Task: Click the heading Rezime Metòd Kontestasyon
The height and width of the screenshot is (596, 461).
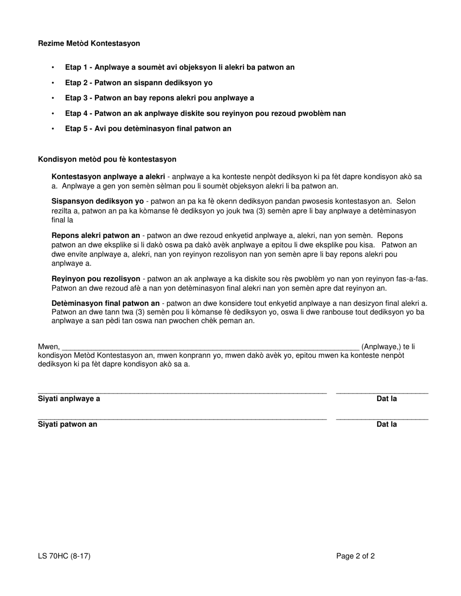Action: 89,44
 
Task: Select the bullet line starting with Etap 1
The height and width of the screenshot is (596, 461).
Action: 180,67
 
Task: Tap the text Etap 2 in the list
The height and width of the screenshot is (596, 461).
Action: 78,83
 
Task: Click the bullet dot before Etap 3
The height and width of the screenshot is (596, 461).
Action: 53,98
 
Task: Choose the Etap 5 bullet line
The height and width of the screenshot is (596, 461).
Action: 148,129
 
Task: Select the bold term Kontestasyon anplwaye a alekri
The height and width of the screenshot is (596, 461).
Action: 108,177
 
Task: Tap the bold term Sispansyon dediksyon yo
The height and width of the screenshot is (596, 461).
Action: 98,201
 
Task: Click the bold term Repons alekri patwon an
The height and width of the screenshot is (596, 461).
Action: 96,235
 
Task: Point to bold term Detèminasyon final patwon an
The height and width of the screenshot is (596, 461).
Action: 105,303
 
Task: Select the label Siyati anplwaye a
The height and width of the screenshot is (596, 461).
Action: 69,399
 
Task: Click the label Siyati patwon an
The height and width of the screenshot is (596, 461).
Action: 67,424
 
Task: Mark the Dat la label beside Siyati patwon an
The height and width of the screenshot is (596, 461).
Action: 387,424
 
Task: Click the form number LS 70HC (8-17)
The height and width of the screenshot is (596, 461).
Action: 64,556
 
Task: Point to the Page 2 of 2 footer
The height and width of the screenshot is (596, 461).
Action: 355,556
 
